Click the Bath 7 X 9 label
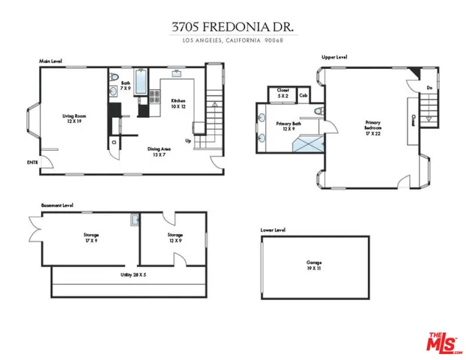coord(126,85)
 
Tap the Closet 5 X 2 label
coord(282,93)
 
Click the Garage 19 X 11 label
coord(315,265)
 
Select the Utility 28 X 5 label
coord(133,275)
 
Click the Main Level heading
coord(50,60)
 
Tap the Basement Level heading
coord(57,204)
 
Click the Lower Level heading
coord(273,229)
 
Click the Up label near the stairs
coord(188,139)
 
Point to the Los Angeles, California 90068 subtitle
coord(232,40)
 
